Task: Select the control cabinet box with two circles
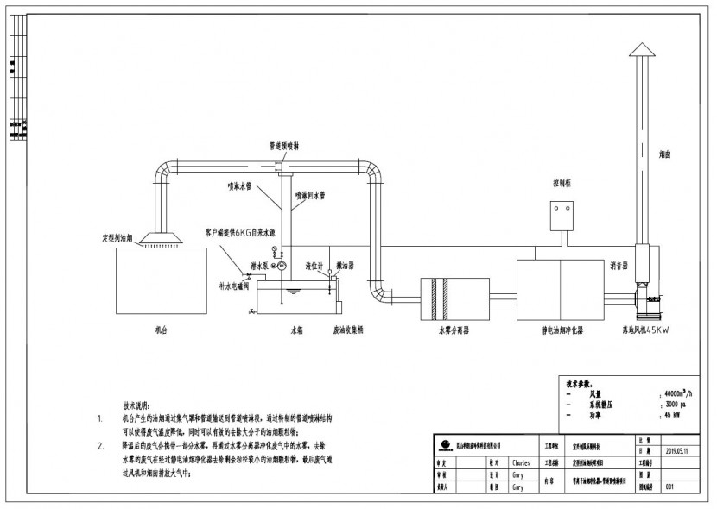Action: pos(565,208)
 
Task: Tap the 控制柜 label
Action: pos(564,183)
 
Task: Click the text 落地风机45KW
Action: pos(647,329)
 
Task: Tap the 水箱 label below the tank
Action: pos(296,329)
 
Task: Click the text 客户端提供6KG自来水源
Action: pos(240,232)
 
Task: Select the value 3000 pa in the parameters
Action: pos(675,404)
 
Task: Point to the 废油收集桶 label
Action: pos(348,329)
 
